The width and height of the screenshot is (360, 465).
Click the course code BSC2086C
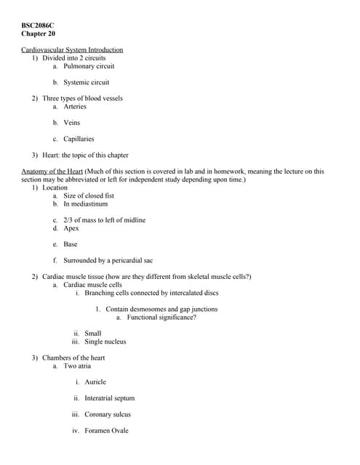pyautogui.click(x=38, y=25)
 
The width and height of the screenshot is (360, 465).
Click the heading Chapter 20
pyautogui.click(x=38, y=34)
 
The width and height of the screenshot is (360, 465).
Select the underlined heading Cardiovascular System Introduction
pyautogui.click(x=72, y=49)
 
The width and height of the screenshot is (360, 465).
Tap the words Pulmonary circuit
pyautogui.click(x=89, y=66)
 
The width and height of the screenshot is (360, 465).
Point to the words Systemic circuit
pyautogui.click(x=87, y=82)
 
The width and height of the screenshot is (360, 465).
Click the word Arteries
pyautogui.click(x=75, y=106)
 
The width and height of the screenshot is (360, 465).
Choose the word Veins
pyautogui.click(x=72, y=122)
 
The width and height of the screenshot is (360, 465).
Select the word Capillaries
pyautogui.click(x=79, y=139)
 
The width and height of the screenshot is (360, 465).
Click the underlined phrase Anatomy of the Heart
pyautogui.click(x=52, y=171)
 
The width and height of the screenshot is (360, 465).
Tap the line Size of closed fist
pyautogui.click(x=89, y=195)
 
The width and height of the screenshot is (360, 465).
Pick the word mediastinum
pyautogui.click(x=89, y=203)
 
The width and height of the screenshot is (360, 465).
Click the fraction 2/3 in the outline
pyautogui.click(x=68, y=220)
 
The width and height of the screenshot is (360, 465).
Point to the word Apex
pyautogui.click(x=71, y=228)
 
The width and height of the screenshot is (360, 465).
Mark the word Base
pyautogui.click(x=71, y=244)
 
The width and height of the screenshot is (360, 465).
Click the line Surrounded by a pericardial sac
pyautogui.click(x=108, y=260)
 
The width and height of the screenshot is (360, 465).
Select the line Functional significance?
pyautogui.click(x=161, y=317)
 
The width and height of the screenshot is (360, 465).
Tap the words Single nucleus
pyautogui.click(x=105, y=341)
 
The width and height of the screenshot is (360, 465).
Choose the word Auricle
pyautogui.click(x=95, y=381)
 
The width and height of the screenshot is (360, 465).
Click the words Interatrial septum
pyautogui.click(x=110, y=398)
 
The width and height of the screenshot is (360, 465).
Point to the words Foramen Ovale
pyautogui.click(x=106, y=431)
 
